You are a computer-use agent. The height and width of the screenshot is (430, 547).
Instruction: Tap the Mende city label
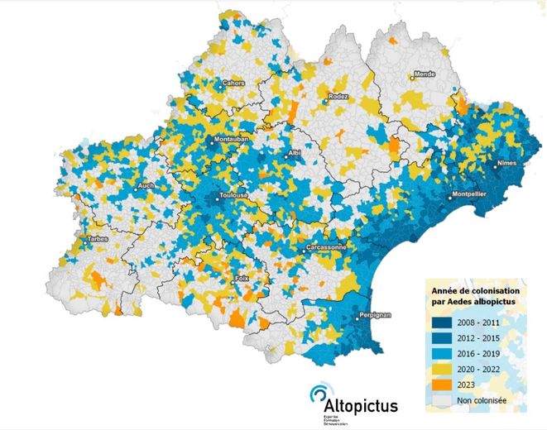click(x=425, y=74)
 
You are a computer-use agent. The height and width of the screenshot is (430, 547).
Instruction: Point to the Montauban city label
click(x=231, y=141)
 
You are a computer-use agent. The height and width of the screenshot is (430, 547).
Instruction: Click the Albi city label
click(x=295, y=155)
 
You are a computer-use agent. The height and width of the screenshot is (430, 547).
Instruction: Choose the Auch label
click(x=146, y=187)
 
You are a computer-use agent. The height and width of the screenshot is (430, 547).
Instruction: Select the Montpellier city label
click(x=468, y=195)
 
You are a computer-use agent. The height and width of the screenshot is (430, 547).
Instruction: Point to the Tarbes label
click(x=96, y=240)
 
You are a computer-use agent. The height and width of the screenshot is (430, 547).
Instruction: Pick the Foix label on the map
click(x=242, y=279)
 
